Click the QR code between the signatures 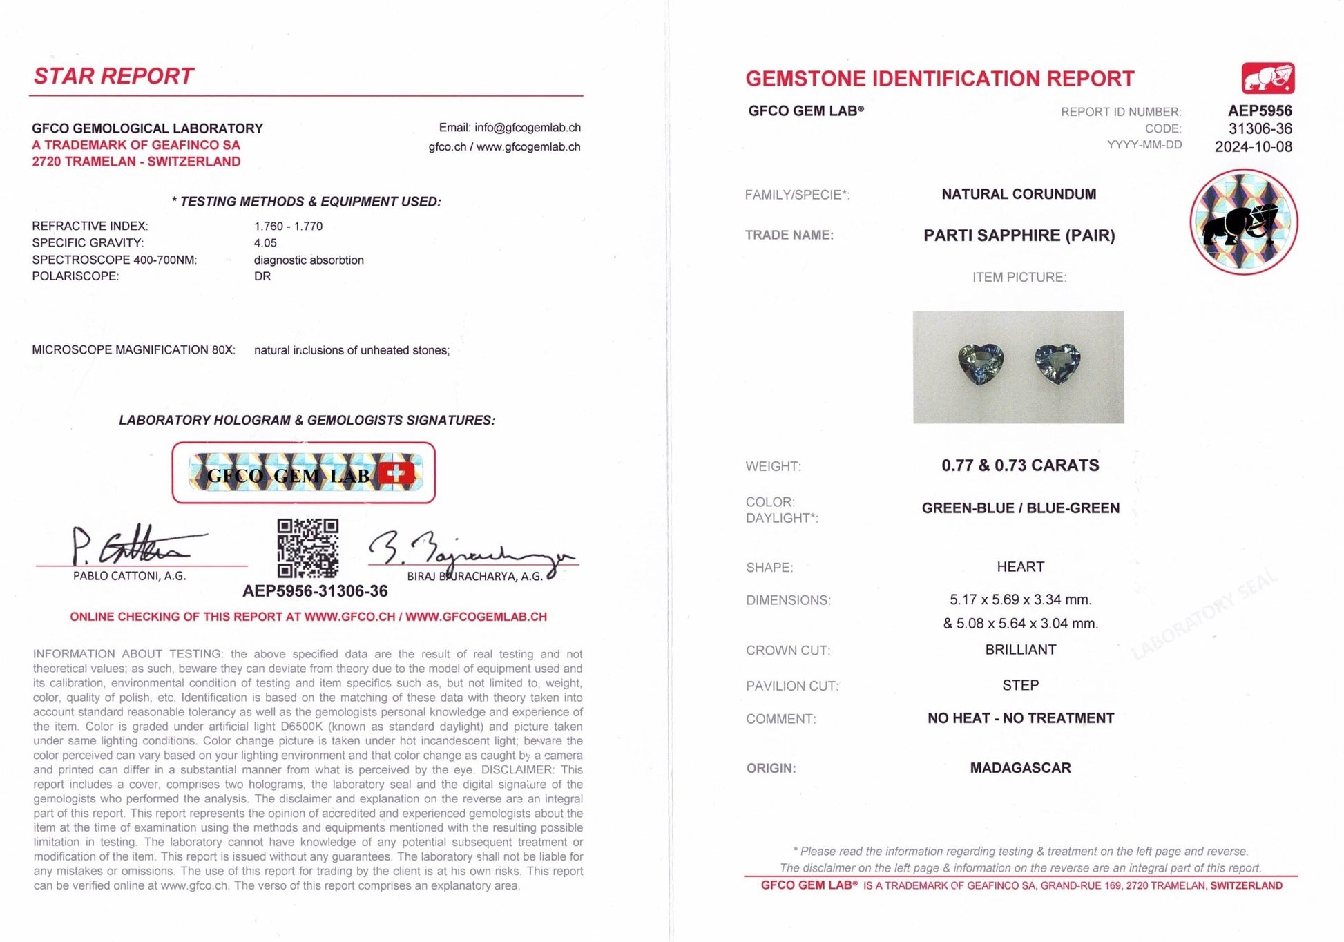pyautogui.click(x=307, y=548)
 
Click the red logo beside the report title pyautogui.click(x=1267, y=79)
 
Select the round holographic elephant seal pyautogui.click(x=1243, y=222)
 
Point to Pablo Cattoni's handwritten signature pyautogui.click(x=131, y=547)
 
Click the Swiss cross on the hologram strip pyautogui.click(x=396, y=473)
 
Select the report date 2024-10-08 pyautogui.click(x=1253, y=146)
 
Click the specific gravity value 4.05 pyautogui.click(x=265, y=243)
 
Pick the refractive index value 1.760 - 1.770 pyautogui.click(x=288, y=226)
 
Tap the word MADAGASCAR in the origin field pyautogui.click(x=1020, y=768)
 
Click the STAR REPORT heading pyautogui.click(x=114, y=76)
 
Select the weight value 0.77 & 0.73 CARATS pyautogui.click(x=1020, y=465)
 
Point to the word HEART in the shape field pyautogui.click(x=1020, y=567)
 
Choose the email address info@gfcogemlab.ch pyautogui.click(x=527, y=128)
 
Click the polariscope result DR pyautogui.click(x=262, y=276)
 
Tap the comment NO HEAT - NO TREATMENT pyautogui.click(x=1020, y=718)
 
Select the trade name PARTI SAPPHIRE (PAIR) pyautogui.click(x=1019, y=236)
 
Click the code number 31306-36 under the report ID pyautogui.click(x=1260, y=128)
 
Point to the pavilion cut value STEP pyautogui.click(x=1020, y=685)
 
